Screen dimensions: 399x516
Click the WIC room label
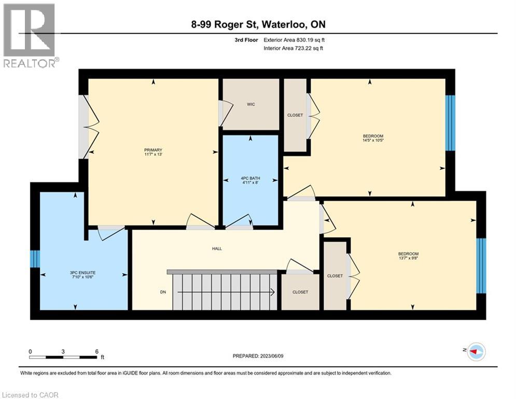click(250, 104)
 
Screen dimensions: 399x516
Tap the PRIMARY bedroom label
click(154, 150)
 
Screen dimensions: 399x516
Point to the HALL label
click(217, 249)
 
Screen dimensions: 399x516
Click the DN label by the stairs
click(162, 292)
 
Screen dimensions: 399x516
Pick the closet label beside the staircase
click(300, 292)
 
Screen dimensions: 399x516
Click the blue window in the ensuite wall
click(35, 259)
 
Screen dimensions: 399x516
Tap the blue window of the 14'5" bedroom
click(451, 123)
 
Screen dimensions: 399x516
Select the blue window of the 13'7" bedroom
click(481, 266)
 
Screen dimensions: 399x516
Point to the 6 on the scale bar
click(96, 351)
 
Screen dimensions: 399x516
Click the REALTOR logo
click(30, 35)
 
